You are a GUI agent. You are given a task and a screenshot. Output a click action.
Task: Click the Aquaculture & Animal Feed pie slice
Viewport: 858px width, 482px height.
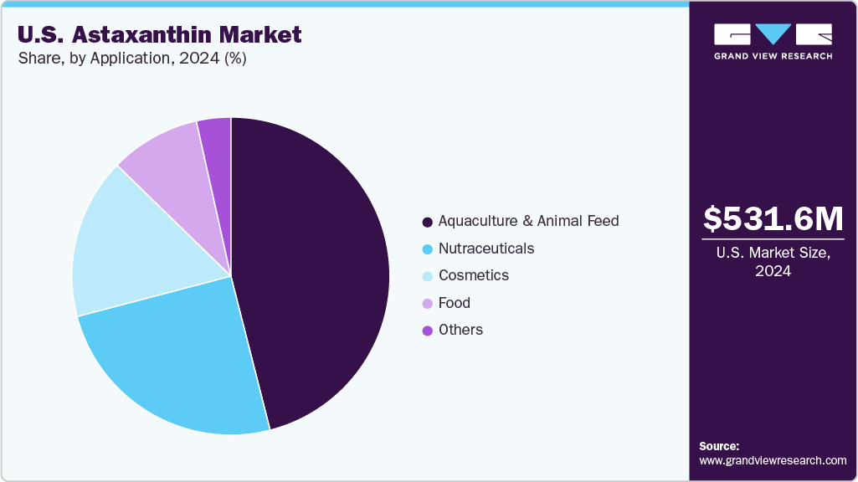click(318, 268)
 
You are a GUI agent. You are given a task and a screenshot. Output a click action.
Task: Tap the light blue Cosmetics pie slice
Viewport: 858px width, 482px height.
click(126, 251)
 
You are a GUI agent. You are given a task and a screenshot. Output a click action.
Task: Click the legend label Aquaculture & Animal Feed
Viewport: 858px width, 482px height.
click(528, 221)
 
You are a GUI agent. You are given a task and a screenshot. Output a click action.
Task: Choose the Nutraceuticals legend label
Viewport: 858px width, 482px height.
click(486, 249)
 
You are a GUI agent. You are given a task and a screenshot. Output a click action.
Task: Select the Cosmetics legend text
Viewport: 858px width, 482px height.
click(473, 275)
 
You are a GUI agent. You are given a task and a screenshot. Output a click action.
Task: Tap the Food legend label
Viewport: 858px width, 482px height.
click(454, 303)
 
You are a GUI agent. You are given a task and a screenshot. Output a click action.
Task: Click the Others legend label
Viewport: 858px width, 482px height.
click(460, 330)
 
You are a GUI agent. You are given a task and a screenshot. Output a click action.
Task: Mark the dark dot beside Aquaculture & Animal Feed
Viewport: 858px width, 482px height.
click(428, 222)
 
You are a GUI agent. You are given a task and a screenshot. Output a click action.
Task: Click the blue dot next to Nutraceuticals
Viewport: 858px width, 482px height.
click(428, 249)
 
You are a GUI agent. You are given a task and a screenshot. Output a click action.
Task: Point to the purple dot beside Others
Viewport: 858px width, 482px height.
click(428, 331)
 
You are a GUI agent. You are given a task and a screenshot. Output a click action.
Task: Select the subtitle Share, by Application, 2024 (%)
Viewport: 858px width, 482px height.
click(131, 59)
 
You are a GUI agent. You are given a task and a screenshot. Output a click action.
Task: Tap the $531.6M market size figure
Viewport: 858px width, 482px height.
click(773, 219)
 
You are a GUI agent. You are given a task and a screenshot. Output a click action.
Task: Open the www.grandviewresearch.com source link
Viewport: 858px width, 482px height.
click(773, 460)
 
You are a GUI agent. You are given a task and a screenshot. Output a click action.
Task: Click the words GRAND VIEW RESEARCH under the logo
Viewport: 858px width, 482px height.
click(773, 56)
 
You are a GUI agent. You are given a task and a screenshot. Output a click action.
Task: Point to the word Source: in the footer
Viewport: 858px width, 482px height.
click(719, 446)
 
